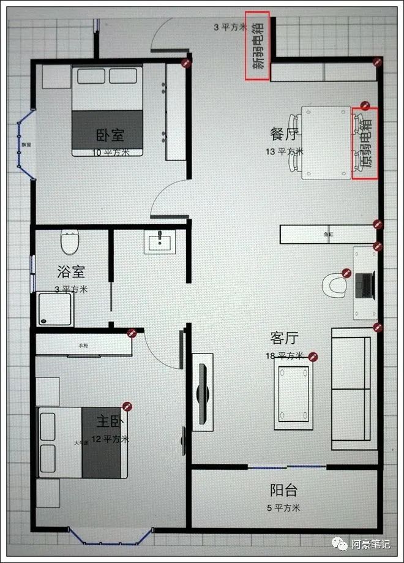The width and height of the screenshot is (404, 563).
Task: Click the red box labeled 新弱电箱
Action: click(x=257, y=46)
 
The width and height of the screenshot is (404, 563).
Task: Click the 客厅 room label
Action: click(x=285, y=338)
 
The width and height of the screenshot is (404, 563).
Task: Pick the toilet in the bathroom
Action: click(x=70, y=243)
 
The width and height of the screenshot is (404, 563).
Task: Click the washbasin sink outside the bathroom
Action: click(x=160, y=241)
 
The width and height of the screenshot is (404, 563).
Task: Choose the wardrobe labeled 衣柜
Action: click(x=84, y=346)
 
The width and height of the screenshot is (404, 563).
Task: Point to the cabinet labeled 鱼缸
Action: click(x=329, y=234)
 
